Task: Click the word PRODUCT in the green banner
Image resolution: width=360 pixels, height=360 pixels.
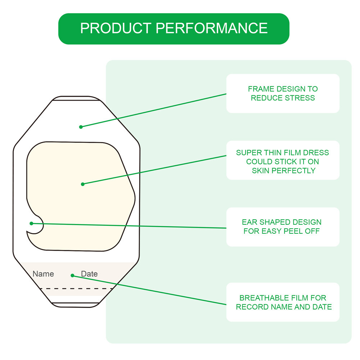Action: tap(116, 28)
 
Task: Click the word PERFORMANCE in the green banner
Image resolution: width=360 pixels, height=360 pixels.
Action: tap(212, 28)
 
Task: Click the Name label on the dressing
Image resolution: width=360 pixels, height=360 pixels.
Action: tap(43, 274)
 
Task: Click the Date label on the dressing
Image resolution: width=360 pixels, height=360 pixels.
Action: tap(89, 274)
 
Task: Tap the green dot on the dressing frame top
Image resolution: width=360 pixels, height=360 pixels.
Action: tap(81, 127)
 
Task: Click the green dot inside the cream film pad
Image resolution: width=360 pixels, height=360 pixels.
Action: tap(83, 184)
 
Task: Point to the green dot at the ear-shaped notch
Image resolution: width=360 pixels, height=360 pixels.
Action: tap(31, 223)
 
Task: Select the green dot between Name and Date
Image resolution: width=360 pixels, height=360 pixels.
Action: tap(72, 275)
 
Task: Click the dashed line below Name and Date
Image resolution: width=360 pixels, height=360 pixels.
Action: tap(76, 288)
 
